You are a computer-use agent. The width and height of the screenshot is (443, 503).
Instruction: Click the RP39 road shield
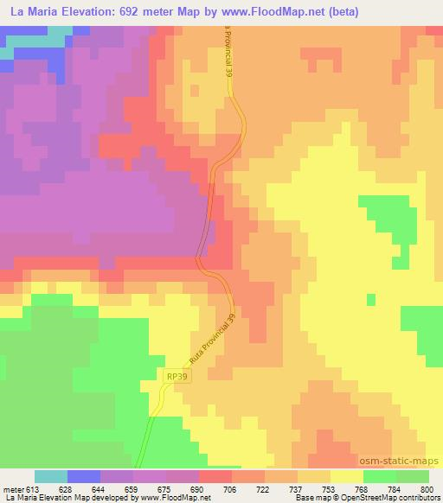point(175,376)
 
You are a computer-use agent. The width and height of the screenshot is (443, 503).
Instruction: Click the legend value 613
point(34,489)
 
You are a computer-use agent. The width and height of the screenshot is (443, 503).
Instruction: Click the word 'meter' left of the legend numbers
point(12,489)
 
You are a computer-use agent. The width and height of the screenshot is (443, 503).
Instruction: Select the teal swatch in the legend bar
point(50,476)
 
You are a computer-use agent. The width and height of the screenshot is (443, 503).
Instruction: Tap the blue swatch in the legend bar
point(83,476)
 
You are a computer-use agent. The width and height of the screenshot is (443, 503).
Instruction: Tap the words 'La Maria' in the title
point(28,12)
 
